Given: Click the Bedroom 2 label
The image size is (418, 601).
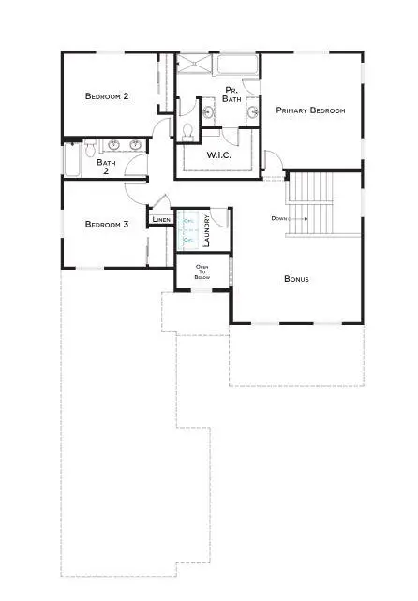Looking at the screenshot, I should [x=107, y=96].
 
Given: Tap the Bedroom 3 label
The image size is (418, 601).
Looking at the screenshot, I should [x=107, y=224].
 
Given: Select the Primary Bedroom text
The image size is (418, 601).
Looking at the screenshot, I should [x=310, y=110].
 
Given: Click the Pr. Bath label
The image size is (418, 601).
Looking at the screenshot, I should [x=231, y=95].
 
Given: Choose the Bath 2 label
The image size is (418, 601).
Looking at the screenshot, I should [x=107, y=167].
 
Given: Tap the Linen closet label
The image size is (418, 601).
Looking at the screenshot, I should [x=161, y=221].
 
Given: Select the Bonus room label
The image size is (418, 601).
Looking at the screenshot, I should [x=297, y=279].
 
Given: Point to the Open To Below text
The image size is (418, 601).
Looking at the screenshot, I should [x=202, y=272].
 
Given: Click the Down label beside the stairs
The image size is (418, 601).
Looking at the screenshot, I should [x=279, y=218].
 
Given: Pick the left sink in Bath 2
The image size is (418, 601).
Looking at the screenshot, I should [x=114, y=145].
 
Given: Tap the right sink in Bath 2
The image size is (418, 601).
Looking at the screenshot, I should [x=135, y=145].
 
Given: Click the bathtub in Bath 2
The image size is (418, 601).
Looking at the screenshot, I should [x=71, y=160].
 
